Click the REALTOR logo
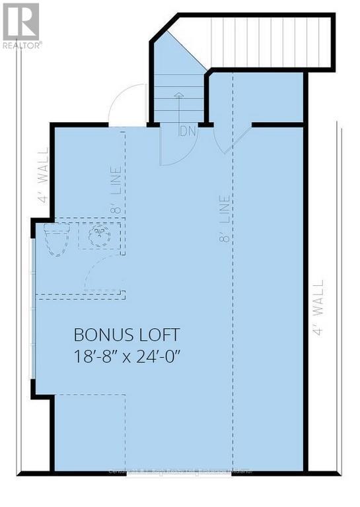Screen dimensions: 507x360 [x=21, y=25]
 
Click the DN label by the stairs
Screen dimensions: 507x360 [x=187, y=131]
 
